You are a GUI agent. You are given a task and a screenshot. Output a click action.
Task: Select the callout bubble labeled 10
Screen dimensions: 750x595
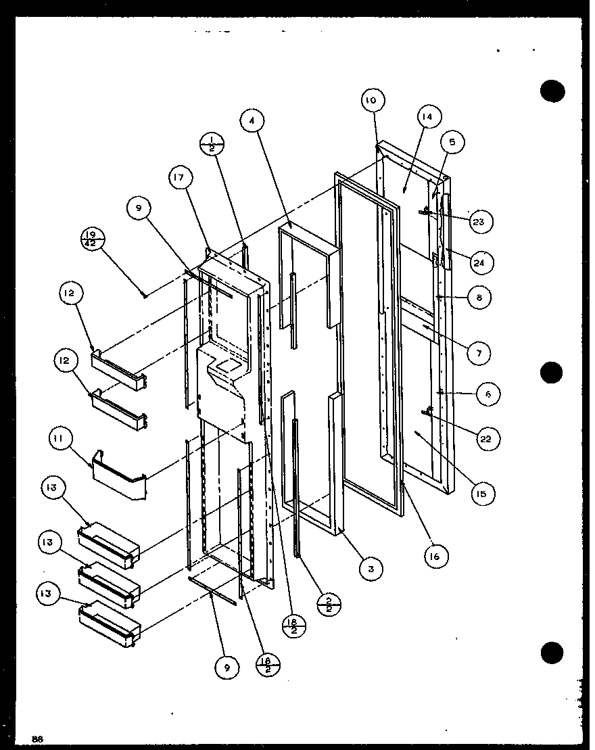[371, 101]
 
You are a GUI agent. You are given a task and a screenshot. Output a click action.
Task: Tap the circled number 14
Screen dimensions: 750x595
[429, 116]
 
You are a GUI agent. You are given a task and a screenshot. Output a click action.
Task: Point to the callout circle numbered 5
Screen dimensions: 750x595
[452, 142]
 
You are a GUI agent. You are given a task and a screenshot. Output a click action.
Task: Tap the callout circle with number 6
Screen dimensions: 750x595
[488, 395]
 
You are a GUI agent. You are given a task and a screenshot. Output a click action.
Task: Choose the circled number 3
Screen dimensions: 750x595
[371, 569]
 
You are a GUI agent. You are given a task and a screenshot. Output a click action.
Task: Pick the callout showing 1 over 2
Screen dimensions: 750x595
[212, 144]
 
